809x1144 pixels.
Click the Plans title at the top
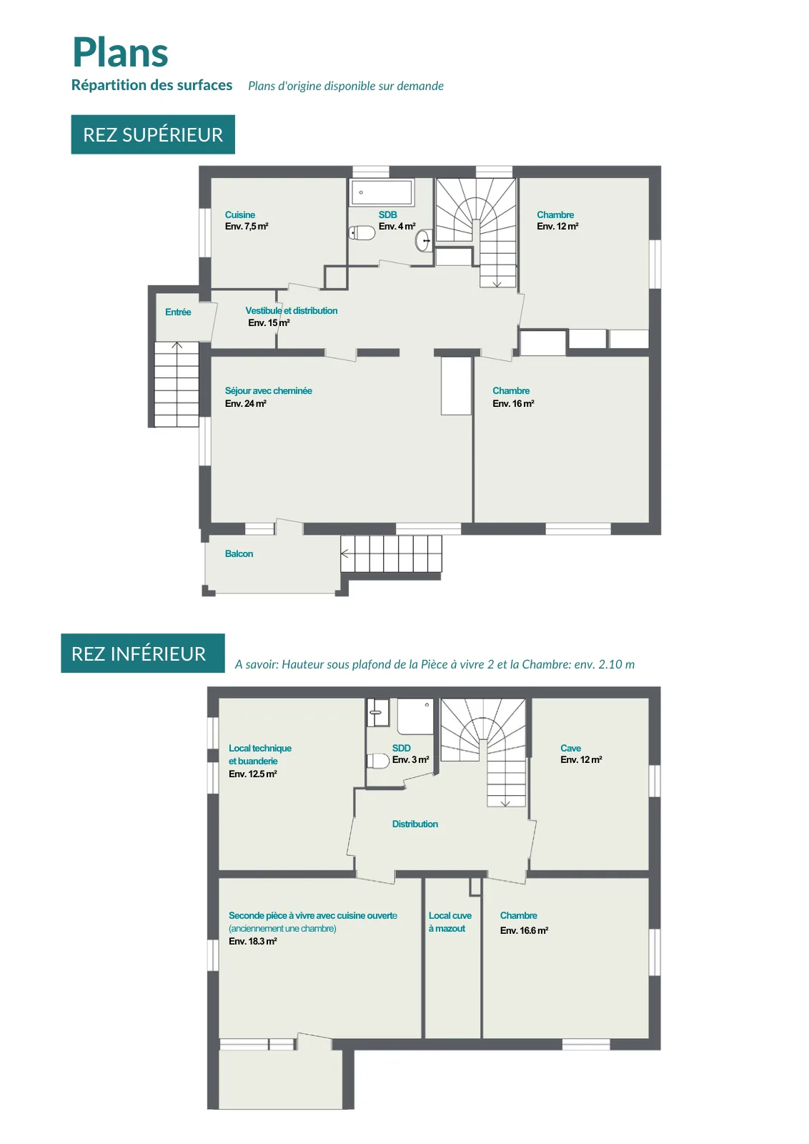(x=121, y=53)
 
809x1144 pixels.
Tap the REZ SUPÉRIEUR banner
(x=153, y=134)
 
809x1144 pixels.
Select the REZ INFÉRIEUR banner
(x=143, y=654)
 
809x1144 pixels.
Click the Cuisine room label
(x=240, y=215)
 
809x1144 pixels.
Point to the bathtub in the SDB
(x=382, y=192)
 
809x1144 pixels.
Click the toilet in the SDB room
(x=362, y=233)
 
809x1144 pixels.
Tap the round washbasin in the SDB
(x=423, y=240)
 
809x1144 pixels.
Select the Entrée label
(x=178, y=312)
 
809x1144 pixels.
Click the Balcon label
(x=239, y=553)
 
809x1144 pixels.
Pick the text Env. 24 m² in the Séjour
(x=246, y=403)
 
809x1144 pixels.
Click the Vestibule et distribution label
(x=292, y=310)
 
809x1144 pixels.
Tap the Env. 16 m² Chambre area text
(x=513, y=403)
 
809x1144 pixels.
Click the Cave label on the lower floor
(x=570, y=748)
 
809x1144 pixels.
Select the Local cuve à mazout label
(x=450, y=922)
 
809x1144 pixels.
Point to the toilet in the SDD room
(x=378, y=761)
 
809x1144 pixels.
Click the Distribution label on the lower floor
(x=415, y=824)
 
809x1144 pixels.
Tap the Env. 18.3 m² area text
(x=253, y=941)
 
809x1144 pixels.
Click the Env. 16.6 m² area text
(x=524, y=930)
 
